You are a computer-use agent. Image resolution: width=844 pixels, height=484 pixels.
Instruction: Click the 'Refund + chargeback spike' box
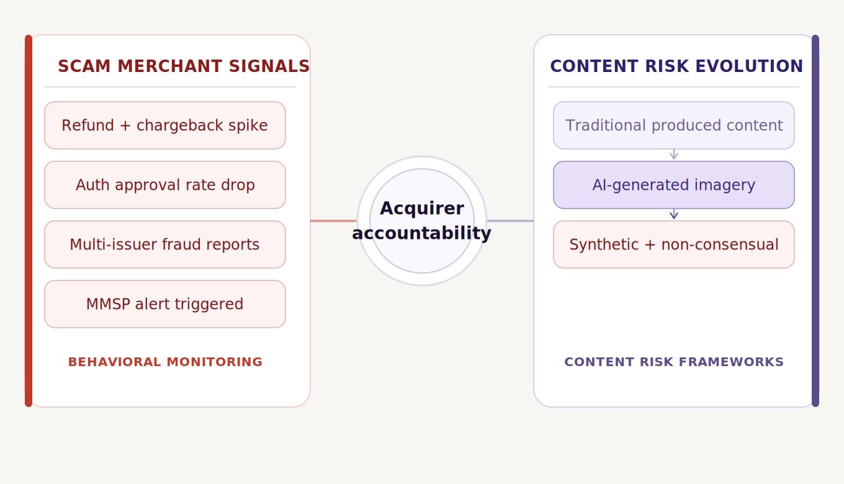164,125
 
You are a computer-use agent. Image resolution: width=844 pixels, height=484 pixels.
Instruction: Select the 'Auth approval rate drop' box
164,185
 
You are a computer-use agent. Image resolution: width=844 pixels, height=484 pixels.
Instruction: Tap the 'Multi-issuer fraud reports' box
164,244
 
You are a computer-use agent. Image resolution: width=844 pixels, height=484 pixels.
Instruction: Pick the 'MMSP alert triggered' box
164,304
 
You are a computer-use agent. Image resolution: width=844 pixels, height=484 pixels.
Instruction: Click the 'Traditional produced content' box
673,125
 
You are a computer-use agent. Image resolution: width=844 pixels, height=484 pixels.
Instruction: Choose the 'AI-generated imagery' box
673,185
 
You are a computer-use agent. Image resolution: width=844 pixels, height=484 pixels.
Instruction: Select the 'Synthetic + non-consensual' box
673,244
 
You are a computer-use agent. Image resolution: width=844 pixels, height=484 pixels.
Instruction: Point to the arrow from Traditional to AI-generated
674,155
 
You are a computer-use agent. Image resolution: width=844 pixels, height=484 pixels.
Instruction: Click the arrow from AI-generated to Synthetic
674,214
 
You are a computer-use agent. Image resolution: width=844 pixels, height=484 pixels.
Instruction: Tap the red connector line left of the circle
333,220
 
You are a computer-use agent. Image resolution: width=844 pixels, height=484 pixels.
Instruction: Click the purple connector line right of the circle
510,220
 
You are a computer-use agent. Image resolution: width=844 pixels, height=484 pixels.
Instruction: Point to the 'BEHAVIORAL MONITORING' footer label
165,362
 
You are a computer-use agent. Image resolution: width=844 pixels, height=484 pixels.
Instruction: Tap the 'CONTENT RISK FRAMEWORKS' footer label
674,362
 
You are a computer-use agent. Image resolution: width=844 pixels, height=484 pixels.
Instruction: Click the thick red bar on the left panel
29,220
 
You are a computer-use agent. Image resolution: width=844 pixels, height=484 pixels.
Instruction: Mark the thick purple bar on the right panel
815,220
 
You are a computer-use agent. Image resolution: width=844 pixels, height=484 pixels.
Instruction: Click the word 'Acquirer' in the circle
422,208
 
